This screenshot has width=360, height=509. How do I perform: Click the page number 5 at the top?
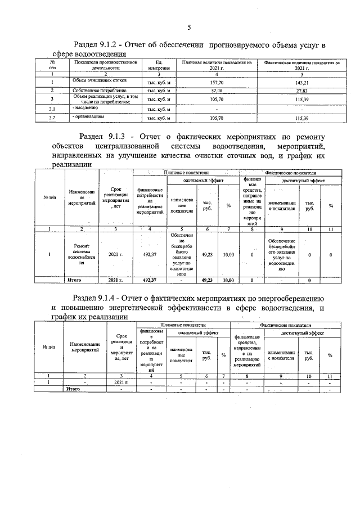point(189,28)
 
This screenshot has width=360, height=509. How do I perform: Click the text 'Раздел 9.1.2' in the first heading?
point(101,44)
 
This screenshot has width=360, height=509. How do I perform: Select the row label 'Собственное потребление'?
point(99,91)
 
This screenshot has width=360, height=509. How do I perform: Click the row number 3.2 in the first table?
point(52,118)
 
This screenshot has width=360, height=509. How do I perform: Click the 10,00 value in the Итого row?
point(228,280)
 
